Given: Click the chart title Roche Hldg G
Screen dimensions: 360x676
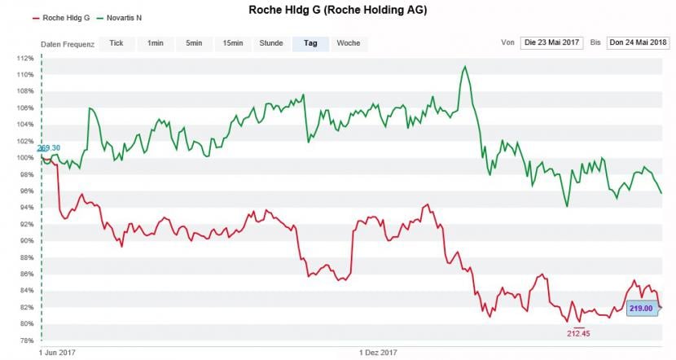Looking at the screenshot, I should coord(337,10).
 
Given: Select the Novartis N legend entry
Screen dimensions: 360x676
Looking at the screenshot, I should coord(124,17).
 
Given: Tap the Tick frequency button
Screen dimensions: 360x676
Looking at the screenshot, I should coord(116,43).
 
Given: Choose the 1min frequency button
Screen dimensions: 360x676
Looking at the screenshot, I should coord(155,43).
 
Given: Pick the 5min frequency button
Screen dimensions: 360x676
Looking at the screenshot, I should coord(194,43).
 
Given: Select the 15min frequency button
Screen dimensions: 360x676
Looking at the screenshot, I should coord(233,43).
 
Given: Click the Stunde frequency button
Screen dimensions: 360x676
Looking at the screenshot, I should coord(271,43).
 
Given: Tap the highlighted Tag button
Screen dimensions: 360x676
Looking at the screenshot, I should coord(310,43).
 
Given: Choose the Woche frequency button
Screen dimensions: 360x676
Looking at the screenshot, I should coord(349,43).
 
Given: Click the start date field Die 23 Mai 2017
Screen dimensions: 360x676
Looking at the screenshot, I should coord(552,43).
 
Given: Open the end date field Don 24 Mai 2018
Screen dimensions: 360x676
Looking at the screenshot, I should coord(638,43).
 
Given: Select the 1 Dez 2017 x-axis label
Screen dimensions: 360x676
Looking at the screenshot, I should coord(379,353).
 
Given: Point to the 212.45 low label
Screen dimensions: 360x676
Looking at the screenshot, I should coord(578,333).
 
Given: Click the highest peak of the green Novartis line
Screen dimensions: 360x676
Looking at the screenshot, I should coord(464,67).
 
